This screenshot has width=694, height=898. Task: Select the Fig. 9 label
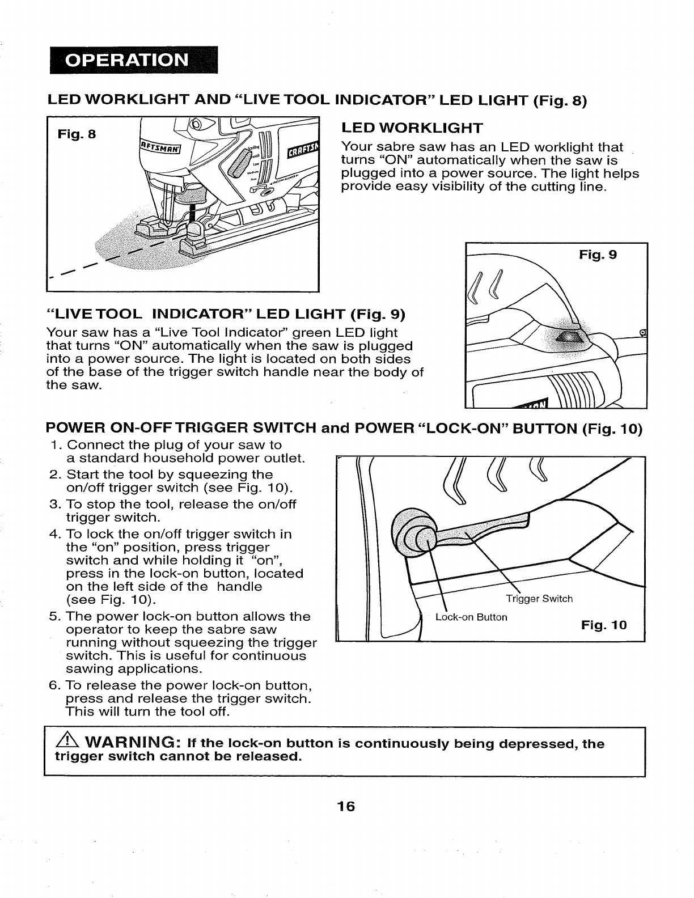click(597, 255)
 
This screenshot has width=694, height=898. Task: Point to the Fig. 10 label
click(604, 625)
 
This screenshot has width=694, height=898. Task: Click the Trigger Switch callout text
click(539, 599)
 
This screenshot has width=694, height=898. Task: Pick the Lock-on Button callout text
click(471, 617)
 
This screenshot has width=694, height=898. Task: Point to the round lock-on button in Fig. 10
click(414, 533)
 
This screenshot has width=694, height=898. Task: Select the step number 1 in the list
click(52, 445)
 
